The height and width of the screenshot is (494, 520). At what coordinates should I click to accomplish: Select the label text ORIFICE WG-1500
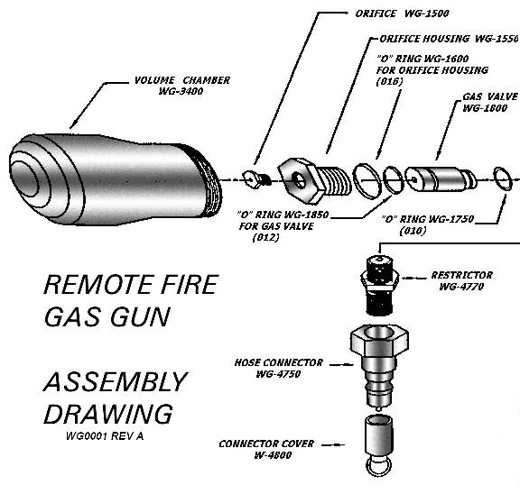point(396,14)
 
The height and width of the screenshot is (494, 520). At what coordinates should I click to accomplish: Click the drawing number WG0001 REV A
point(105,436)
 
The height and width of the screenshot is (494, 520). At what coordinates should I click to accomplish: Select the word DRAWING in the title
point(107,414)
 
